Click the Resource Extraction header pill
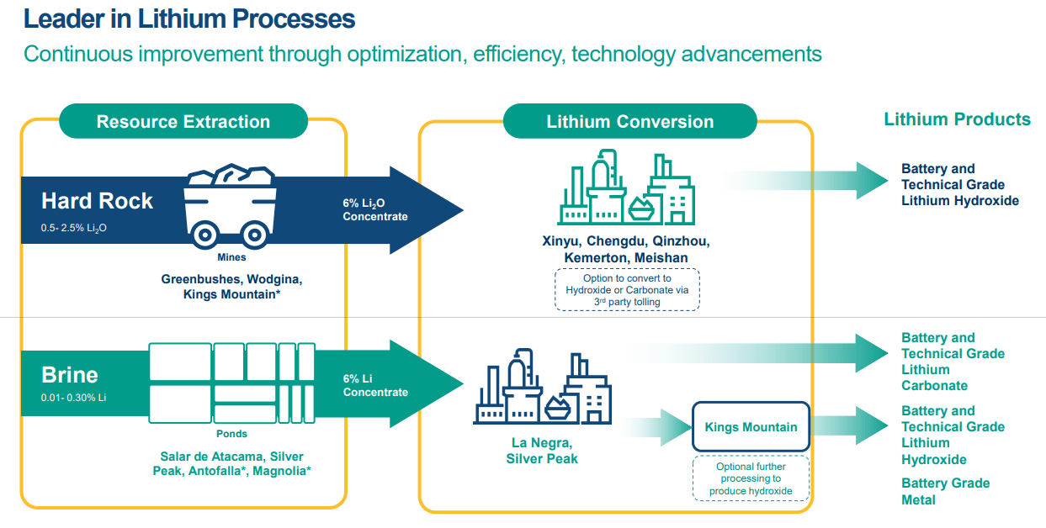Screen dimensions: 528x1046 point(183,121)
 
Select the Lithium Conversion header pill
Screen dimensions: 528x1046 point(629,121)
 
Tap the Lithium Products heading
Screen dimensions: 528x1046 point(957,119)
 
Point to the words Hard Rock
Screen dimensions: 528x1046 point(97,201)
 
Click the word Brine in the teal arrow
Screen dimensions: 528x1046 point(70,375)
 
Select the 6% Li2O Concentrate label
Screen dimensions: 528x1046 point(374,210)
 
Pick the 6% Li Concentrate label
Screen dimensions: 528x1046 point(374,385)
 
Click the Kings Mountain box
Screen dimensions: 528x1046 point(751,427)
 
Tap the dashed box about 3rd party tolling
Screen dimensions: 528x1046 point(627,290)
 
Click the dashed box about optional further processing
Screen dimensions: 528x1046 point(750,479)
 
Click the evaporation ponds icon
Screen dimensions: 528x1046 point(232,383)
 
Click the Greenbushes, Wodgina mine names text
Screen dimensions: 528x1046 point(231,286)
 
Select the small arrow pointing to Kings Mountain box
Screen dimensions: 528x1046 point(661,427)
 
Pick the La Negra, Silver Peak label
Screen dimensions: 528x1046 point(542,451)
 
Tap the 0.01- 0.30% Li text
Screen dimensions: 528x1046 point(73,397)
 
